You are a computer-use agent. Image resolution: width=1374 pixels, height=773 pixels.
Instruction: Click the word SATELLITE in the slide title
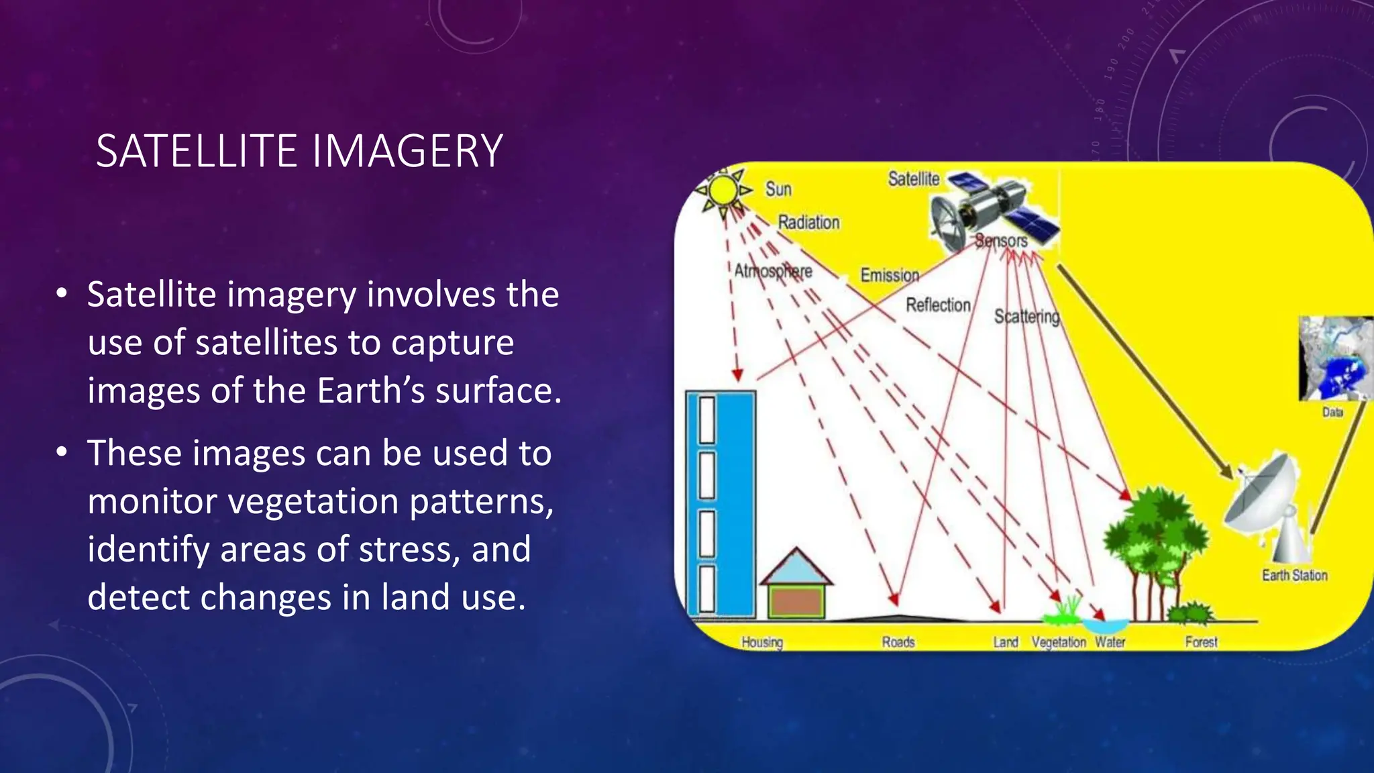pyautogui.click(x=197, y=151)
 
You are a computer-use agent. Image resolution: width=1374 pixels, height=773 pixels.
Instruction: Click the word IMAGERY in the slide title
pyautogui.click(x=407, y=151)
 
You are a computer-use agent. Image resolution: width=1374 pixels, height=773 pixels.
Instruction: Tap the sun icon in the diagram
pyautogui.click(x=723, y=191)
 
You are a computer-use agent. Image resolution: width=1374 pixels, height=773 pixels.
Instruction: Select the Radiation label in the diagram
pyautogui.click(x=808, y=222)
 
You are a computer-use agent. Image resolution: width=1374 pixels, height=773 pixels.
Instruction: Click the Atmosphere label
pyautogui.click(x=773, y=270)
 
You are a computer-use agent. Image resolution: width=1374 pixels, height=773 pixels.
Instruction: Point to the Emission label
pyautogui.click(x=890, y=275)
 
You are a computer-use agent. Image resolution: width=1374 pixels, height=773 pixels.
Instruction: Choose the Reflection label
pyautogui.click(x=938, y=305)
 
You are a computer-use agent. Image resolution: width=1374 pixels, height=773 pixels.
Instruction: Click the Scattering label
pyautogui.click(x=1026, y=316)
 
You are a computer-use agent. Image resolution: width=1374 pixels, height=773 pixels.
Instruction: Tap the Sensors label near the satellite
pyautogui.click(x=1001, y=240)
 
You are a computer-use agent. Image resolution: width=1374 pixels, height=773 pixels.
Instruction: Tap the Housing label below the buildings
pyautogui.click(x=762, y=642)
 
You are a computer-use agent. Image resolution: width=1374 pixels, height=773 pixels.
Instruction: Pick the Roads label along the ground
pyautogui.click(x=898, y=642)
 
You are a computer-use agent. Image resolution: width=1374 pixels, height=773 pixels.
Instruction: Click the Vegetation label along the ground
pyautogui.click(x=1058, y=642)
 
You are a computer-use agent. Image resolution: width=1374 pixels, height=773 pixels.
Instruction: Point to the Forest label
pyautogui.click(x=1201, y=642)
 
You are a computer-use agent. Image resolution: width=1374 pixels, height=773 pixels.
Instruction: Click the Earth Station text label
pyautogui.click(x=1294, y=575)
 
